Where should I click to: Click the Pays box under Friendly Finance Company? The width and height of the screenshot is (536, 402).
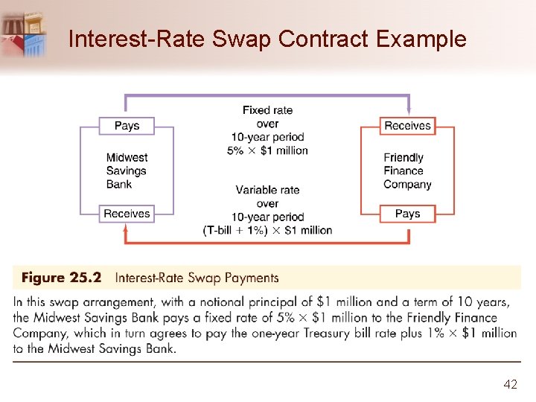tap(407, 214)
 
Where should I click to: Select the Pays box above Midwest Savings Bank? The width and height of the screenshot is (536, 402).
tap(127, 126)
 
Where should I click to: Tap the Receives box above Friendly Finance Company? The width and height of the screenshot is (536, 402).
tap(407, 126)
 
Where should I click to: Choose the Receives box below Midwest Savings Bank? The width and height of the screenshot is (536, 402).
tap(127, 214)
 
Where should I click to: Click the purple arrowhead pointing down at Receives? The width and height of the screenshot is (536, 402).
tap(408, 109)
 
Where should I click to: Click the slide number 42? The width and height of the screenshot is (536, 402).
tap(510, 384)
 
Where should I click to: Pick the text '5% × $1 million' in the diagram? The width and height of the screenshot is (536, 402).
tap(267, 150)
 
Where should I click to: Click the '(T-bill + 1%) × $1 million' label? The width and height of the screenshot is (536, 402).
tap(267, 230)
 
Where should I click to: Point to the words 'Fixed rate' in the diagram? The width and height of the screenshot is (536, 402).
tap(267, 110)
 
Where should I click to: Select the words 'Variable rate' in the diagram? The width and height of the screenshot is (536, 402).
tap(267, 190)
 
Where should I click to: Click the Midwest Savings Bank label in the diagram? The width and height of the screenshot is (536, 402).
tap(127, 170)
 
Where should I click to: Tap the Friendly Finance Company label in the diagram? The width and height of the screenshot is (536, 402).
tap(407, 170)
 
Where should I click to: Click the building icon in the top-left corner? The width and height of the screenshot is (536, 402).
tap(24, 33)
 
